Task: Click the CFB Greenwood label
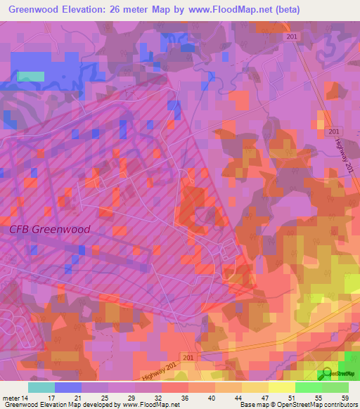tap(50, 229)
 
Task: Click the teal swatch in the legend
tap(41, 387)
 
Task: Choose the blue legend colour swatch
tap(67, 387)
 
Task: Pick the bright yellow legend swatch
tap(281, 387)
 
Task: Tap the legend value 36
tap(184, 398)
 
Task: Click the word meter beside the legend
tap(11, 398)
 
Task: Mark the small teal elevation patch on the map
tap(30, 76)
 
